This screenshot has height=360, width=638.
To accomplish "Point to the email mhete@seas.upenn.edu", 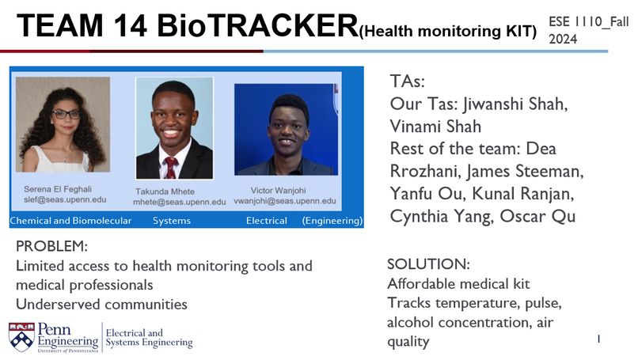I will click(179, 203).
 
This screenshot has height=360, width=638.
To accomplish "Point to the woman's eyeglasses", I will click(66, 114).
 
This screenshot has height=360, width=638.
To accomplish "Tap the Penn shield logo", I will click(21, 335).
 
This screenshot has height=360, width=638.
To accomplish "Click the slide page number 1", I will click(599, 339).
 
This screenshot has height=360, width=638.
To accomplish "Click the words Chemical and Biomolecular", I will click(70, 221).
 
